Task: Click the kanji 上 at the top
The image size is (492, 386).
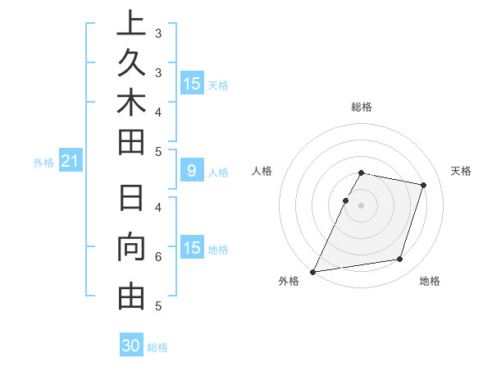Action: (131, 23)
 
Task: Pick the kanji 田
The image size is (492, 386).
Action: (131, 142)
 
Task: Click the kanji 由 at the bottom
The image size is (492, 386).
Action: (131, 295)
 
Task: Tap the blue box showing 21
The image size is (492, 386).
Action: (70, 163)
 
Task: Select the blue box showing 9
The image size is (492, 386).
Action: (191, 172)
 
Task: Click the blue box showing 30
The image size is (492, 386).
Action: (131, 346)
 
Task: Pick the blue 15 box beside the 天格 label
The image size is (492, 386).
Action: (191, 84)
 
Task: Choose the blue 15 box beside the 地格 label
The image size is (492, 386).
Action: (191, 248)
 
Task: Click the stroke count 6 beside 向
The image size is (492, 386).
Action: (157, 257)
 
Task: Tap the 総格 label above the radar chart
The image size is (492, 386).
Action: (362, 107)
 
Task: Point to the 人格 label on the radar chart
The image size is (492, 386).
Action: (262, 171)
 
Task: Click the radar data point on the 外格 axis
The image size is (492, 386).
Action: (313, 271)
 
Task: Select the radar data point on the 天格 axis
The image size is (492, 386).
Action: (423, 185)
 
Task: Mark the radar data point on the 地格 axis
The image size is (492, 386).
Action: (399, 260)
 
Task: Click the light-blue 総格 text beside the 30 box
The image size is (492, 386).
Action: (157, 347)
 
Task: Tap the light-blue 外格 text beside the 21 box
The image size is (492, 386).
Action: (43, 163)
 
